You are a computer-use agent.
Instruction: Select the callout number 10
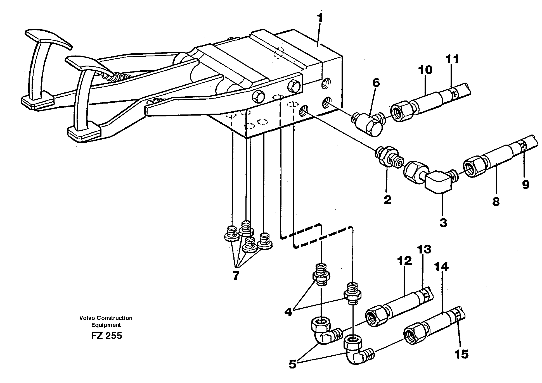(425, 70)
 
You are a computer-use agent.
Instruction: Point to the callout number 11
(452, 59)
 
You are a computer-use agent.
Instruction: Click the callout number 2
(387, 200)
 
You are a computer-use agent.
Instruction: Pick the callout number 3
(443, 223)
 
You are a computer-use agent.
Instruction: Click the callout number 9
(526, 185)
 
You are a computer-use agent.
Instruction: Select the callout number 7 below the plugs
(236, 276)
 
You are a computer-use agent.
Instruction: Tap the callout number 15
(461, 354)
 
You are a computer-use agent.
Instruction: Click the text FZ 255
(106, 336)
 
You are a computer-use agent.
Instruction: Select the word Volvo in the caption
(86, 318)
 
